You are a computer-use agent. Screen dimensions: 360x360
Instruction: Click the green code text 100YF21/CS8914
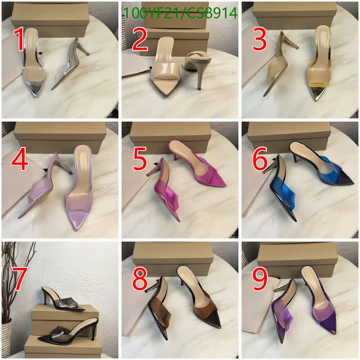[x=180, y=13]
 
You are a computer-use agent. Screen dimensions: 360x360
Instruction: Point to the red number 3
[x=260, y=39]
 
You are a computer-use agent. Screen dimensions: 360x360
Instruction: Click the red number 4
[x=20, y=160]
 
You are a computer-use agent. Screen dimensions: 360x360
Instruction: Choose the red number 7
[x=19, y=279]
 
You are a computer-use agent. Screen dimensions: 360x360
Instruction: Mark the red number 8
[x=140, y=279]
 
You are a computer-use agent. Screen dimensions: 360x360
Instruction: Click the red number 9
[x=260, y=279]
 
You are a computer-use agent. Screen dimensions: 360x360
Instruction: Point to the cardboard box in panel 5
[x=170, y=137]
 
